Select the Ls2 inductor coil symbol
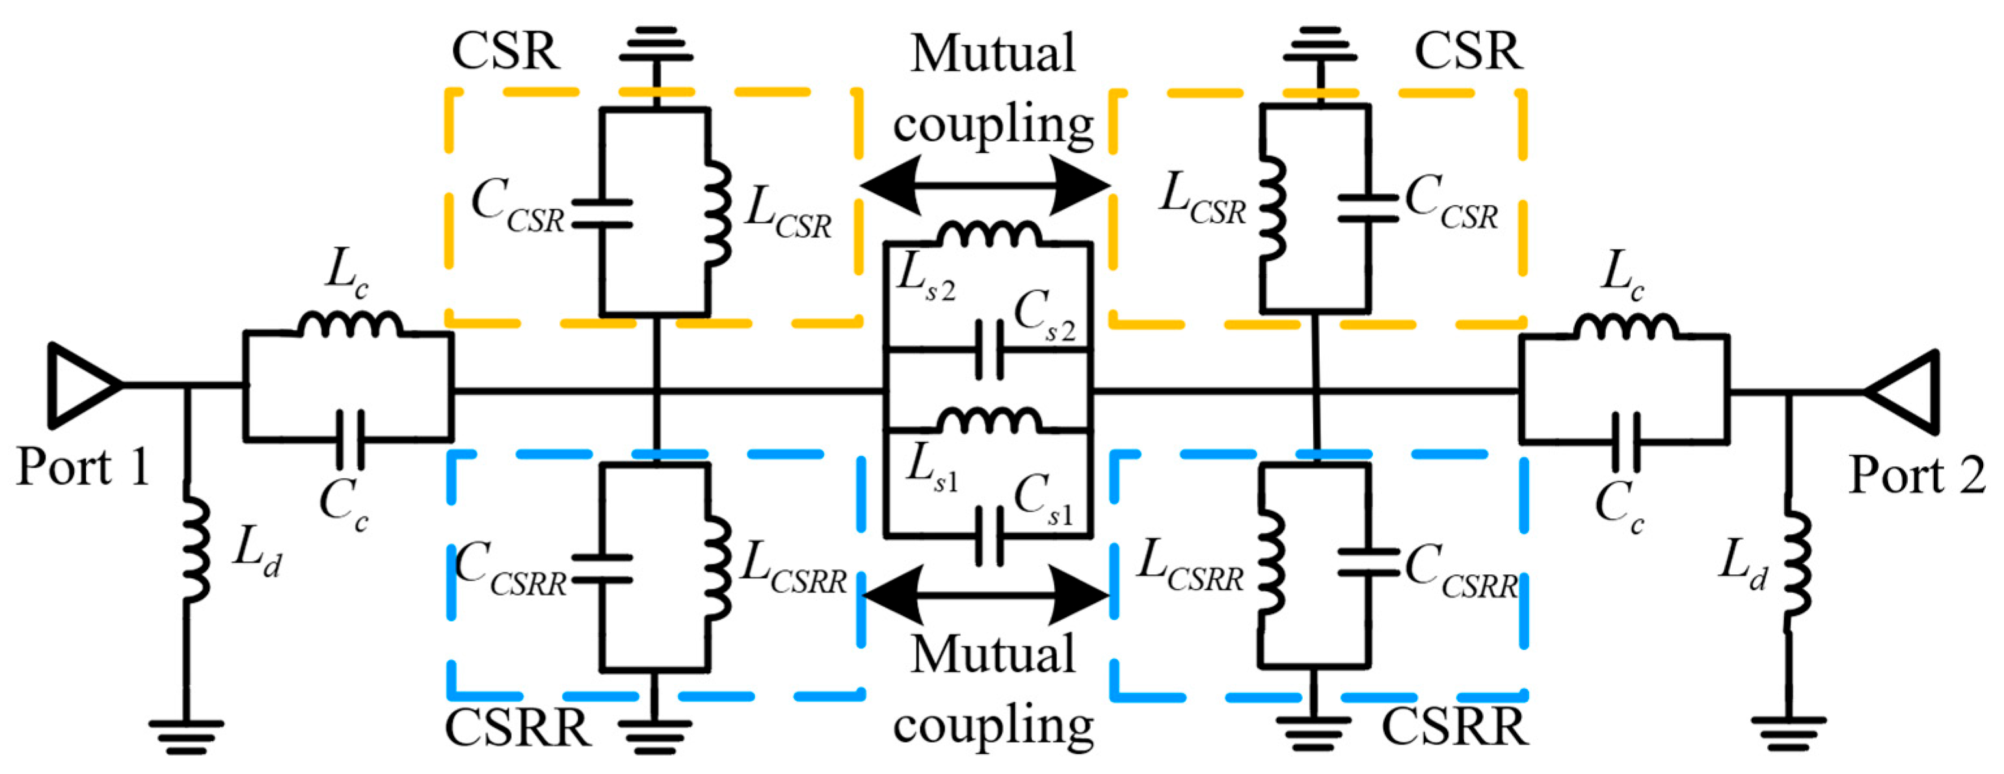click(x=989, y=234)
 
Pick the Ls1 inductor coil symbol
click(x=989, y=421)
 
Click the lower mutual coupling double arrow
click(x=985, y=595)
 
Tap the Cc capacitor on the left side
click(x=349, y=440)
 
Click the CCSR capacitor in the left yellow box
click(x=602, y=214)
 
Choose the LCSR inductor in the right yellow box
click(x=1270, y=209)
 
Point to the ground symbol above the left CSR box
click(x=656, y=49)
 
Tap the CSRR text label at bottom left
click(x=517, y=729)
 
